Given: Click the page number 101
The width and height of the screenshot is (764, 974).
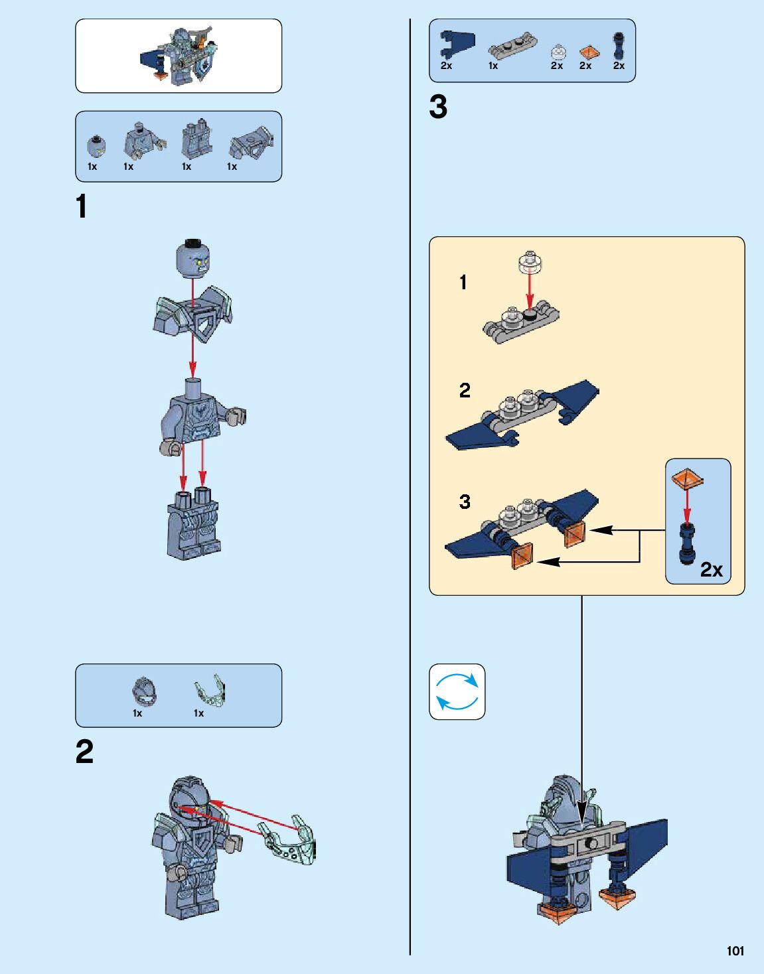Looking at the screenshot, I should (735, 951).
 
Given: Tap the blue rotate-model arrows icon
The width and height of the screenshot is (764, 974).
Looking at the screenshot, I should (457, 691).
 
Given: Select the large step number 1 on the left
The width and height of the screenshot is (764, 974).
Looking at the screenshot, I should (82, 206).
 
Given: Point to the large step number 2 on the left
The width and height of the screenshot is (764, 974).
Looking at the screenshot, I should (84, 752).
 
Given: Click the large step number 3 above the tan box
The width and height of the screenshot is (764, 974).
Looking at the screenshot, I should (438, 107).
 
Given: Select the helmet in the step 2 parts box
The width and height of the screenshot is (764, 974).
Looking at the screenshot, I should (144, 692).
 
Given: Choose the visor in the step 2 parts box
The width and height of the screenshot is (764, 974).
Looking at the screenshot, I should (210, 692).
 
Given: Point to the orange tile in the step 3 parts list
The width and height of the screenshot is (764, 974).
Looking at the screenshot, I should (587, 52).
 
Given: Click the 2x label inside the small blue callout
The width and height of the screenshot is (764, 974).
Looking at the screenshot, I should (711, 569).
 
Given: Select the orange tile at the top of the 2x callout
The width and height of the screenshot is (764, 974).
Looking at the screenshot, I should (687, 478).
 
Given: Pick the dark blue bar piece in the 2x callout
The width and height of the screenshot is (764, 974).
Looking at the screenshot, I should (687, 543).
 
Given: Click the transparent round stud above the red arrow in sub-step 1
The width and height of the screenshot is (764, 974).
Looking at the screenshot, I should (530, 262).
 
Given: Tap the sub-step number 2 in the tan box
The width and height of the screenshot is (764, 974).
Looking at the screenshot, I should (465, 390).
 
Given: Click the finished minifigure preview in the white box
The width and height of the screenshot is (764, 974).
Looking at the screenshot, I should (179, 56).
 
